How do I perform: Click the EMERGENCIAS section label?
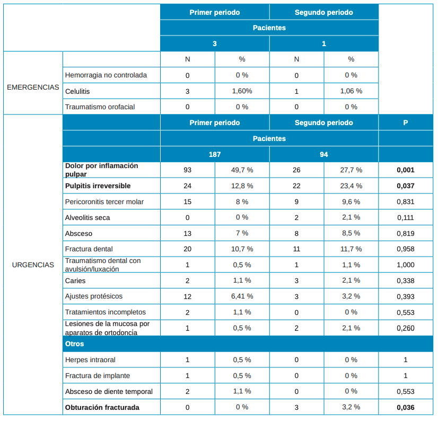(x=33, y=87)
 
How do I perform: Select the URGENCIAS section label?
(x=33, y=265)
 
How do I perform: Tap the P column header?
(x=406, y=122)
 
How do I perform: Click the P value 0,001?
(x=406, y=170)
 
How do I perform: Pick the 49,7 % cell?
(x=242, y=170)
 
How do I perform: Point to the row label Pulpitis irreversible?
(x=98, y=186)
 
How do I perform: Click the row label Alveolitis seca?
(x=87, y=217)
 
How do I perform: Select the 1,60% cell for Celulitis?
(x=242, y=91)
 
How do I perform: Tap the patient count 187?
(x=214, y=154)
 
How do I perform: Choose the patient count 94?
(x=324, y=154)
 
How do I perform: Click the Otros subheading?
(x=74, y=344)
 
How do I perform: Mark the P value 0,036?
(x=406, y=407)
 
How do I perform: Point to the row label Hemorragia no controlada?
(x=106, y=75)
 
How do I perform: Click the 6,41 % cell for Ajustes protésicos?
(x=242, y=296)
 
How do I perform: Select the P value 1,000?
(x=406, y=265)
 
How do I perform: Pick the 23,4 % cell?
(x=351, y=186)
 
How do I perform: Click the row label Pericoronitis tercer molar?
(x=104, y=201)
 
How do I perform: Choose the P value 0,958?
(x=406, y=249)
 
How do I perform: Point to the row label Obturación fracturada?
(x=102, y=407)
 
